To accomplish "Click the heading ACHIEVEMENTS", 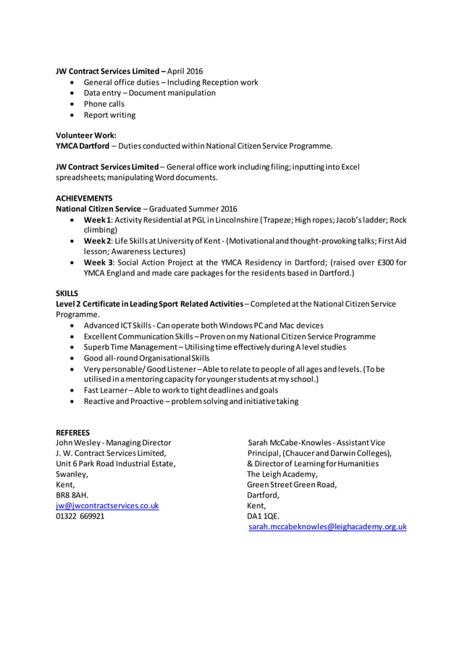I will pyautogui.click(x=84, y=198).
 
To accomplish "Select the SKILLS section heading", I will pyautogui.click(x=67, y=293).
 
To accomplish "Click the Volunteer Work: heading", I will pyautogui.click(x=86, y=135).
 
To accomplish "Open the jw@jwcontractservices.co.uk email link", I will pyautogui.click(x=107, y=506).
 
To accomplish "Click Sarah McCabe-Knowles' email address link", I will pyautogui.click(x=327, y=528).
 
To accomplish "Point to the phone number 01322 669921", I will pyautogui.click(x=80, y=517).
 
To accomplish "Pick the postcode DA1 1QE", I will pyautogui.click(x=263, y=517).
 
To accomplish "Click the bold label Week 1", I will pyautogui.click(x=97, y=220).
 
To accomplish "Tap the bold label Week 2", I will pyautogui.click(x=97, y=241).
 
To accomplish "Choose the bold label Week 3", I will pyautogui.click(x=98, y=262).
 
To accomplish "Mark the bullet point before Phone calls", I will pyautogui.click(x=73, y=104).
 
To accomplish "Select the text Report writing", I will pyautogui.click(x=109, y=115).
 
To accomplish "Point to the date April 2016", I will pyautogui.click(x=186, y=71).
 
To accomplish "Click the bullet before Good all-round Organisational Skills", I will pyautogui.click(x=73, y=358).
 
